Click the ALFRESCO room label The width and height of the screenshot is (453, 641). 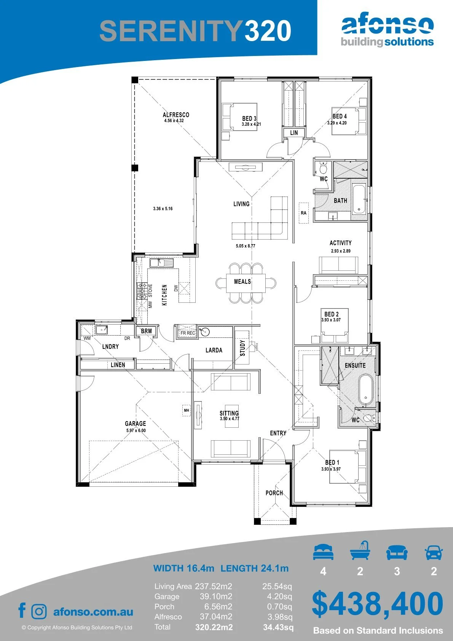(176, 115)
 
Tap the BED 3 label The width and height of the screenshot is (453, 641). (249, 118)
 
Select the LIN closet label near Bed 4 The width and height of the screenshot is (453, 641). (294, 133)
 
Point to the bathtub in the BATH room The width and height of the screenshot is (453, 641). (358, 199)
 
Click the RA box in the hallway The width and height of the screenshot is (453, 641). (304, 213)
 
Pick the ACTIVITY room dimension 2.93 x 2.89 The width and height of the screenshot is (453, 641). (341, 251)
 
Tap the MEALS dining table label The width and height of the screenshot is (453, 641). (242, 281)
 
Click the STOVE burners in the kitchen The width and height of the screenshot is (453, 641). (141, 291)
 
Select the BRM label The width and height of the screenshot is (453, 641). (147, 331)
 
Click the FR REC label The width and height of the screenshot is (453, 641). (188, 333)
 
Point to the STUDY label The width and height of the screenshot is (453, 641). (242, 348)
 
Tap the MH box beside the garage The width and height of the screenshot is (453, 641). (187, 410)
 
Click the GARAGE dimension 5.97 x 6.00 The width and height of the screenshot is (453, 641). (136, 430)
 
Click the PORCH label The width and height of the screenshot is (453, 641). (274, 493)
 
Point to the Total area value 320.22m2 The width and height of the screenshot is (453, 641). (214, 627)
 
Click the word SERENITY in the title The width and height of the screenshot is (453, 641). (171, 31)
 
